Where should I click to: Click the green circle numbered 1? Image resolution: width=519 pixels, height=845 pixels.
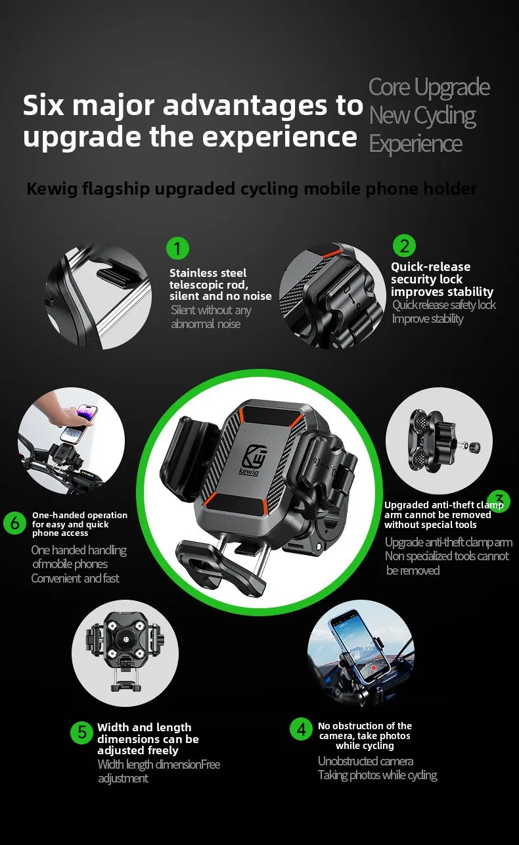(177, 248)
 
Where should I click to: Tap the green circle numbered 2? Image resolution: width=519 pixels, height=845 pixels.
(404, 245)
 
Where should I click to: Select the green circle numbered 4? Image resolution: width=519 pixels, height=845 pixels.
(301, 729)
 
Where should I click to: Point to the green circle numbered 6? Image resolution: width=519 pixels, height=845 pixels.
(14, 523)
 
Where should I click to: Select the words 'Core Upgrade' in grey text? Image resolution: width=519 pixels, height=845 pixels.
(429, 87)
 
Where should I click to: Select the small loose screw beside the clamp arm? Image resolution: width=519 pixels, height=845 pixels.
(474, 447)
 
